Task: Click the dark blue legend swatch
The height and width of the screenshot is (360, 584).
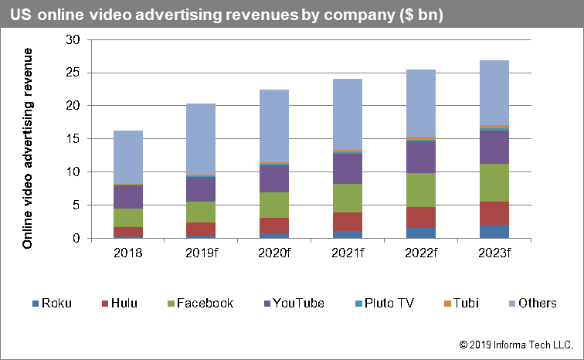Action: click(36, 304)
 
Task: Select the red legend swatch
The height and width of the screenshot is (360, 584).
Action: click(104, 304)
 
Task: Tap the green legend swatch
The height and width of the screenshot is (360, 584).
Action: click(171, 304)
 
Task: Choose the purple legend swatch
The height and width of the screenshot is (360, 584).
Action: click(267, 304)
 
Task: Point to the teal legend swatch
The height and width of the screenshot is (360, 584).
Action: click(358, 304)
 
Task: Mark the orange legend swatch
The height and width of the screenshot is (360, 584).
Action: click(447, 304)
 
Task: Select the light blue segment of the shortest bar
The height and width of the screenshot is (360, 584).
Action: click(128, 157)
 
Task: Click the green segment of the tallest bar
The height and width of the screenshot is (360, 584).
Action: click(494, 182)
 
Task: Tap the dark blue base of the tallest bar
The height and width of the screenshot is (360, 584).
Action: click(494, 231)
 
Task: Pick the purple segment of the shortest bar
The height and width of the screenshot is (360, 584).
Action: click(128, 196)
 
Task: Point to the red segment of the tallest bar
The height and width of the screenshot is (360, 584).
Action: click(494, 213)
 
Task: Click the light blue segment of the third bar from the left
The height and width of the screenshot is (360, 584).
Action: click(274, 125)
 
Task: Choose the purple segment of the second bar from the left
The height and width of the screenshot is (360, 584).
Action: click(201, 189)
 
